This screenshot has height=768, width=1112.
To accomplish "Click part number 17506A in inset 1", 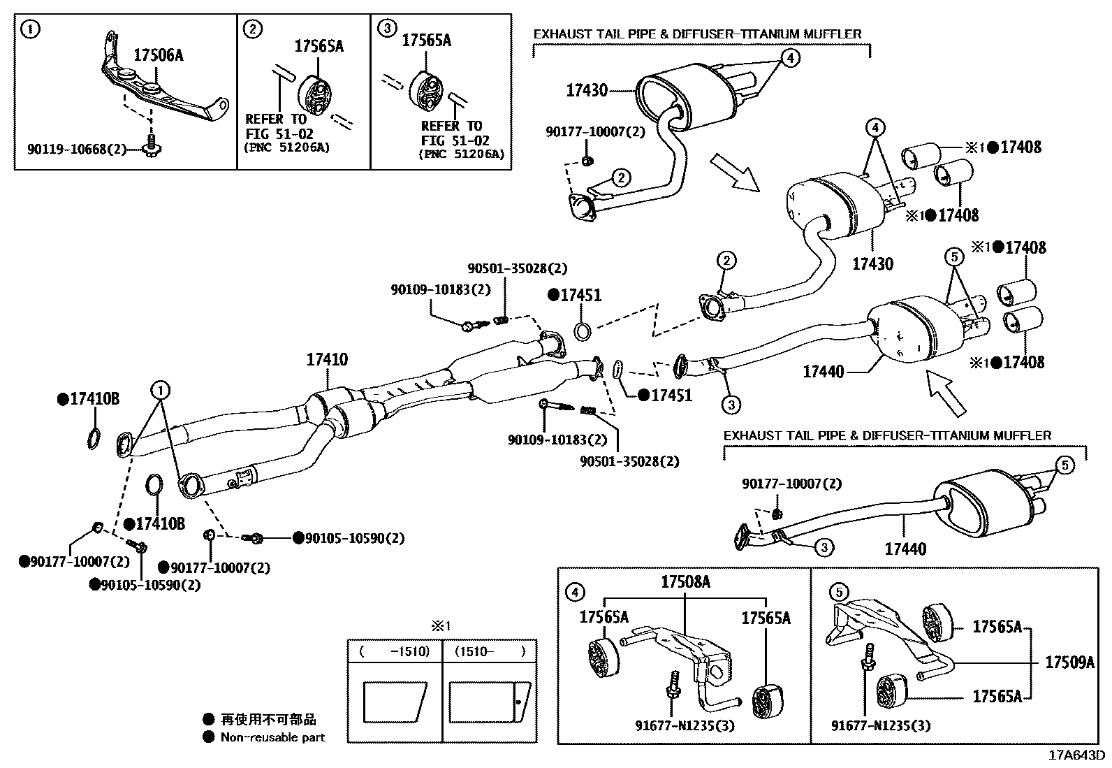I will click(x=158, y=55).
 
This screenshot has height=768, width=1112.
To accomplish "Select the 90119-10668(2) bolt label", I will click(x=77, y=149).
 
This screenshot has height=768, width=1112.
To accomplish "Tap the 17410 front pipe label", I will click(x=327, y=360).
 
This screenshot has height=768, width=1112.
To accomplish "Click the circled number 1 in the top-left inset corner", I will click(x=29, y=29).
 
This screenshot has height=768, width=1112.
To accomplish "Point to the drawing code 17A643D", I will click(x=1076, y=755).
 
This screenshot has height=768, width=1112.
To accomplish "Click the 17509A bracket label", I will click(x=1069, y=662).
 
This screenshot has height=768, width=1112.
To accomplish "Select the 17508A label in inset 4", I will click(x=686, y=581).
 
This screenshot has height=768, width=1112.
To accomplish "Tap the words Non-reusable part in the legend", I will click(x=272, y=737).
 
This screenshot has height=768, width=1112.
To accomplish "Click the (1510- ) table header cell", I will click(x=490, y=651).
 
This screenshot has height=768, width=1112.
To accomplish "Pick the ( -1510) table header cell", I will click(x=395, y=651).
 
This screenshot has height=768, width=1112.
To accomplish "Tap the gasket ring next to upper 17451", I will click(x=582, y=330).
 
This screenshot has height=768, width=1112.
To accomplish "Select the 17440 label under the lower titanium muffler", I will click(x=905, y=549).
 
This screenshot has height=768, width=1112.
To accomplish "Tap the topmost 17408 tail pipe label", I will click(x=1020, y=147).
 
